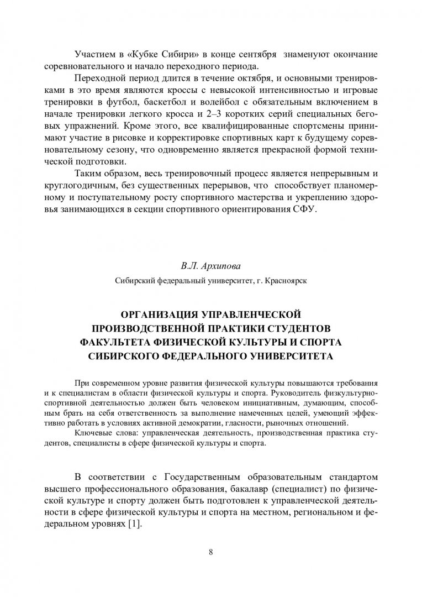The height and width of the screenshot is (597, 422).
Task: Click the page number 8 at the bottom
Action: (x=211, y=552)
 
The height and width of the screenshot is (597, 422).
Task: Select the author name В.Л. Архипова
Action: (x=210, y=266)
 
